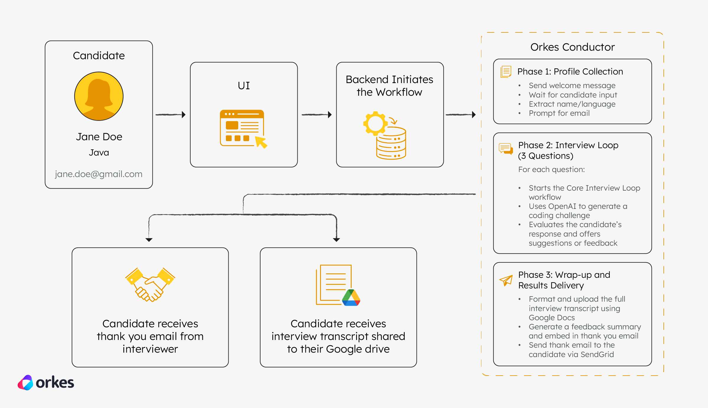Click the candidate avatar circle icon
pos(99,96)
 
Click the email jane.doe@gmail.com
pos(99,174)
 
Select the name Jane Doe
pos(99,137)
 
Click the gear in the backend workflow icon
pos(375,123)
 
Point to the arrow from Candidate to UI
pos(171,115)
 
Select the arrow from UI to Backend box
pos(317,115)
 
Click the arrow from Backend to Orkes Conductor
pos(460,115)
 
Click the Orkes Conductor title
pos(572,47)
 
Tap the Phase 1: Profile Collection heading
pos(570,72)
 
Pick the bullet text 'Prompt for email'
pos(559,113)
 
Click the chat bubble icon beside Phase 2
pos(506,148)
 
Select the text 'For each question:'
pos(551,169)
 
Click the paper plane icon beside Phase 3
pos(506,280)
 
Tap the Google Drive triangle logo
pos(351,298)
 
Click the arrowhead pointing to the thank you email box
pos(149,240)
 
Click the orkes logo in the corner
pos(46,383)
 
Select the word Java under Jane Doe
pos(99,153)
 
